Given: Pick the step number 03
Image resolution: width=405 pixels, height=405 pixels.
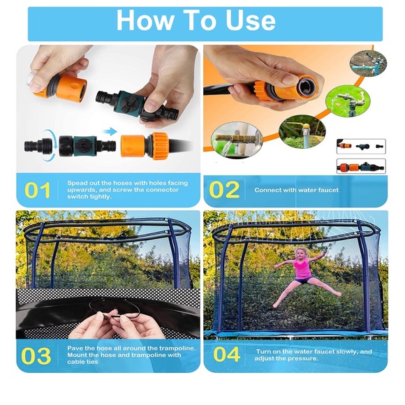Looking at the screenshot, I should point(36,355).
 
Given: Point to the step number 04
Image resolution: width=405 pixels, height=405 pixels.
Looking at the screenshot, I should point(226,355).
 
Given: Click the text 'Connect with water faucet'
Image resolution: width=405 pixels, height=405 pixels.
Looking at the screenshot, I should point(296,190).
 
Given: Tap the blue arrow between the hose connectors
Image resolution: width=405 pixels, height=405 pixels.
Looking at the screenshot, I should point(109,130).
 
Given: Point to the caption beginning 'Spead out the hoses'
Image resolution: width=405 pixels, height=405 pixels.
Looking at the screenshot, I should point(127,190).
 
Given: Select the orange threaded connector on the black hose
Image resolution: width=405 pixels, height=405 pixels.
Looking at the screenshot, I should point(148,145).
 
